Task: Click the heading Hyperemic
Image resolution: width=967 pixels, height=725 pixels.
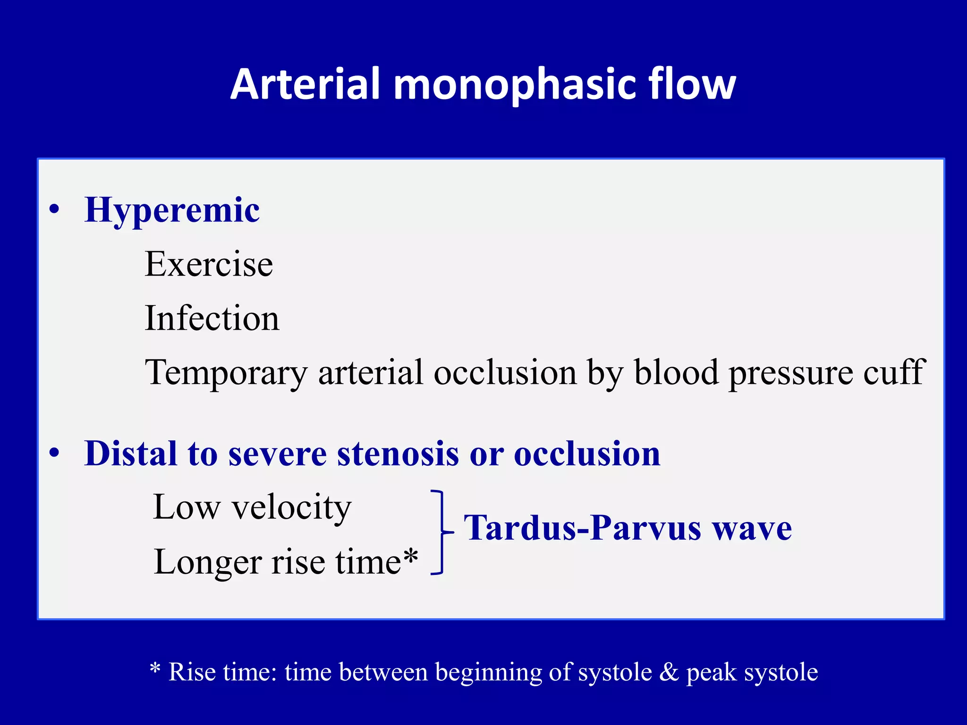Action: pyautogui.click(x=172, y=210)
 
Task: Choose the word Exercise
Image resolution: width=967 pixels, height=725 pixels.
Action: pyautogui.click(x=209, y=264)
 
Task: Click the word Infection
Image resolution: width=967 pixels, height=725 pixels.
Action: pyautogui.click(x=212, y=319)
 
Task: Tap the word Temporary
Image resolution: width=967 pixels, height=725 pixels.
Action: pyautogui.click(x=226, y=373)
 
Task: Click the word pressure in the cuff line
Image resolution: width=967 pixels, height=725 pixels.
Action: pyautogui.click(x=791, y=373)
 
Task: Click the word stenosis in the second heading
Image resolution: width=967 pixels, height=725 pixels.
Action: pyautogui.click(x=398, y=454)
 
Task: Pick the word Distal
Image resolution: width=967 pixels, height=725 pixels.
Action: pyautogui.click(x=130, y=454)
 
